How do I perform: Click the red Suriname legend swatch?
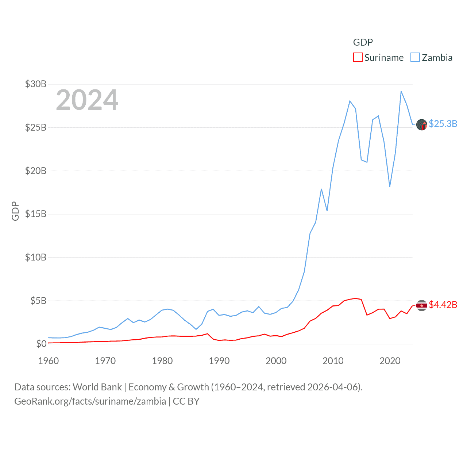click(x=358, y=58)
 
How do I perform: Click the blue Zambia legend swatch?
click(x=415, y=58)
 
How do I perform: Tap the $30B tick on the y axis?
click(x=36, y=84)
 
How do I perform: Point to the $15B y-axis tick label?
click(x=36, y=214)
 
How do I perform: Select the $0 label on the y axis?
click(x=41, y=344)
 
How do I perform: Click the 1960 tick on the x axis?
click(x=49, y=361)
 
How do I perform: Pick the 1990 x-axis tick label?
click(x=219, y=361)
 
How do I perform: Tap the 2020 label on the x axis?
click(x=390, y=361)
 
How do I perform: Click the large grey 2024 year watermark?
click(x=87, y=100)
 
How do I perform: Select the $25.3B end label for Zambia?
click(x=443, y=124)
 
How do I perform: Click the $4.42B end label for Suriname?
click(x=443, y=305)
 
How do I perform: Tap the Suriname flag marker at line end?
click(x=422, y=305)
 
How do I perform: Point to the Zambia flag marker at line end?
click(x=422, y=125)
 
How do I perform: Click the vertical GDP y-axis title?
click(x=15, y=211)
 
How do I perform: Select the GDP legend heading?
click(x=363, y=42)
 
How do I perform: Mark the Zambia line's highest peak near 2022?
click(x=401, y=92)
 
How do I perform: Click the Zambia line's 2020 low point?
click(x=390, y=186)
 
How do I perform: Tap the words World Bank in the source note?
click(x=97, y=387)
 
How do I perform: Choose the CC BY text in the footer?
click(x=186, y=401)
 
